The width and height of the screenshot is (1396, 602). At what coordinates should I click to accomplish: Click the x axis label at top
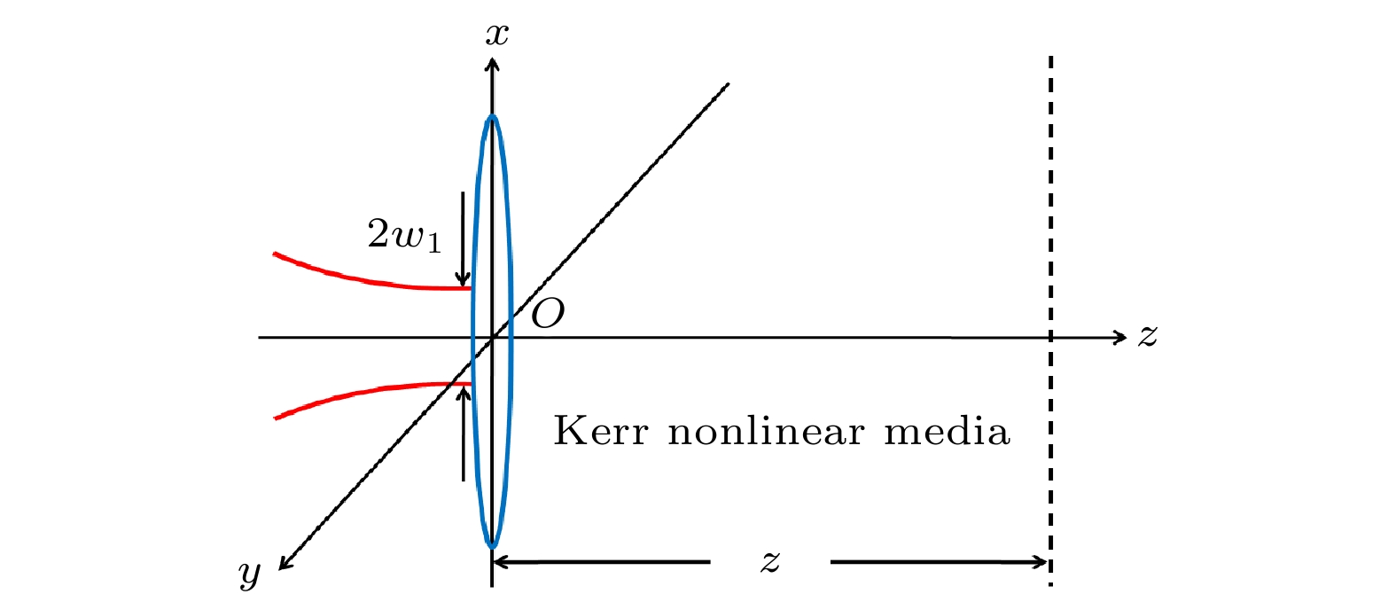(496, 35)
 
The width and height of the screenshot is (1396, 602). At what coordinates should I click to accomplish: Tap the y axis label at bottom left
(249, 574)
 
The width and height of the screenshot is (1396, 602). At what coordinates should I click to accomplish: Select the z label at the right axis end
(1147, 337)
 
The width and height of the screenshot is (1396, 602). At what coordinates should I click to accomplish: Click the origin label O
(548, 313)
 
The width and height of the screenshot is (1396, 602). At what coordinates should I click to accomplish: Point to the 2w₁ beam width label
(404, 236)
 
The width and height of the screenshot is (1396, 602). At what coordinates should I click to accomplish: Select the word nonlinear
(766, 430)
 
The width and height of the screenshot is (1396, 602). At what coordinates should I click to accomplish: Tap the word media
(947, 430)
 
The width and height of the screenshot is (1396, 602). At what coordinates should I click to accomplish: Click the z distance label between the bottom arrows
(770, 562)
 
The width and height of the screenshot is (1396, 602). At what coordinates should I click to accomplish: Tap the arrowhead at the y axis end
(285, 563)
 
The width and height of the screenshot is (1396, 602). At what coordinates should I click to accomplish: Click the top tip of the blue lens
(492, 115)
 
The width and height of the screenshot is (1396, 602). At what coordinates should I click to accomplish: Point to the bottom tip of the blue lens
(492, 547)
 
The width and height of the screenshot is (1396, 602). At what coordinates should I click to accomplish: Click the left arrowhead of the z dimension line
(500, 562)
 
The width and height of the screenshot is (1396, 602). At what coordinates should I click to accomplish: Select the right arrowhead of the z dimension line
(1041, 562)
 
